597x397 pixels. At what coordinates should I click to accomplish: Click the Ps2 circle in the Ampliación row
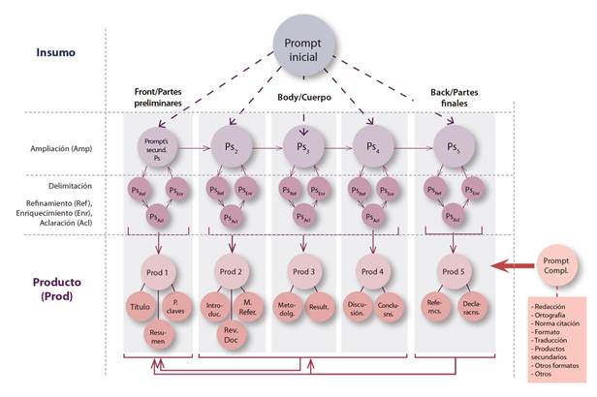click(232, 148)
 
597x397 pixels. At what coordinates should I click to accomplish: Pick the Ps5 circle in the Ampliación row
click(455, 148)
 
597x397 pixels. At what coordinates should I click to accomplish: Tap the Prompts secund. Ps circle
click(158, 148)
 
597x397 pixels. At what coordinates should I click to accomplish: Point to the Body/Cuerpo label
click(307, 98)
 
